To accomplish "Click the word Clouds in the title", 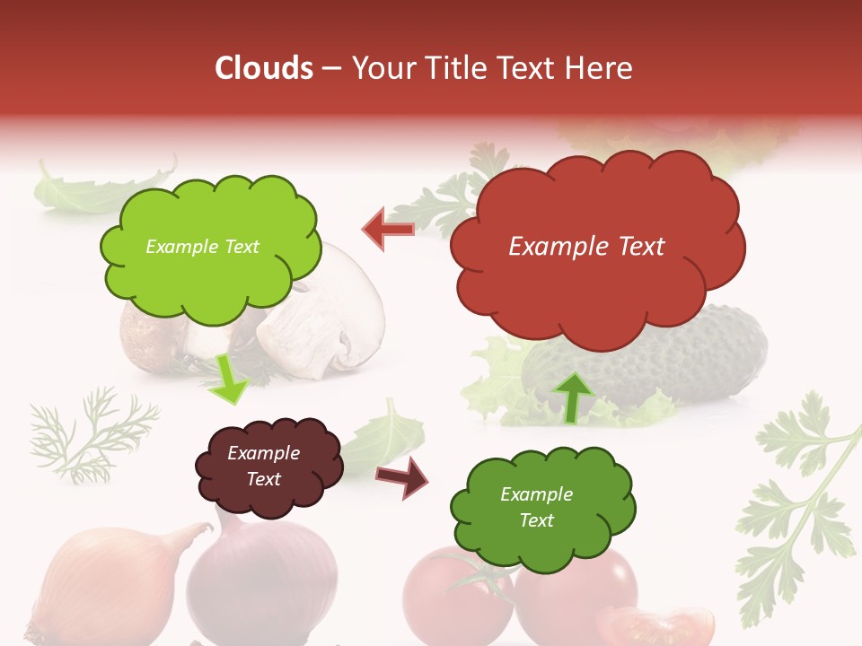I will pyautogui.click(x=264, y=68).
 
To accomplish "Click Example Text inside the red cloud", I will pyautogui.click(x=586, y=247).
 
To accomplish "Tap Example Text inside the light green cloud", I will pyautogui.click(x=202, y=247).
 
